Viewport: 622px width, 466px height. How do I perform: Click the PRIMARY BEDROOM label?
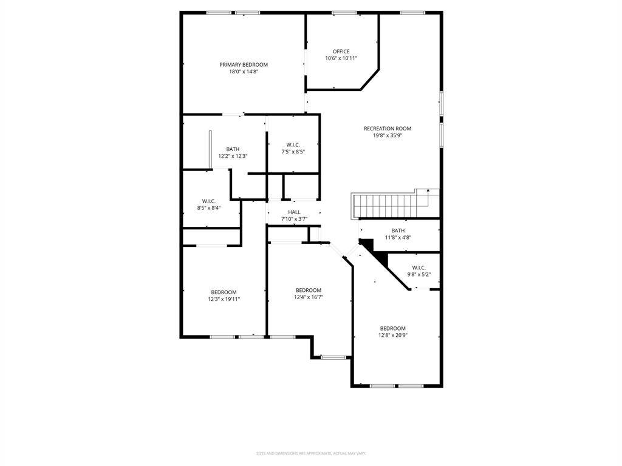pyautogui.click(x=244, y=64)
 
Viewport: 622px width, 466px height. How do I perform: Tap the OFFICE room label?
pyautogui.click(x=341, y=51)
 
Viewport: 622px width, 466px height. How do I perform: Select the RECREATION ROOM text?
pyautogui.click(x=388, y=128)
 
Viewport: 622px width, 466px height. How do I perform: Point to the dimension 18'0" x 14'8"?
pyautogui.click(x=244, y=72)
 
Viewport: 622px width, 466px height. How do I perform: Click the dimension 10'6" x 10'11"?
pyautogui.click(x=341, y=58)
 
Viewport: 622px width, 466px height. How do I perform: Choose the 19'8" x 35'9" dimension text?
pyautogui.click(x=388, y=135)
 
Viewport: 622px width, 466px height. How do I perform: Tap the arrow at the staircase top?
pyautogui.click(x=429, y=192)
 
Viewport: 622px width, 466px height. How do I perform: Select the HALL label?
pyautogui.click(x=294, y=212)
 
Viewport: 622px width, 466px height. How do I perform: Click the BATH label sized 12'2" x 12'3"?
pyautogui.click(x=233, y=149)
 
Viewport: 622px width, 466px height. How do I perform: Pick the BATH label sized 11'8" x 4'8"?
pyautogui.click(x=398, y=230)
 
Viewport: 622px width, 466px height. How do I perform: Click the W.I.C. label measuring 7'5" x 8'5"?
pyautogui.click(x=293, y=144)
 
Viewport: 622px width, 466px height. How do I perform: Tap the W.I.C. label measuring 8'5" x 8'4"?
pyautogui.click(x=208, y=201)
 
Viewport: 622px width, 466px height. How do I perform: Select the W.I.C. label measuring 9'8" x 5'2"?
pyautogui.click(x=419, y=267)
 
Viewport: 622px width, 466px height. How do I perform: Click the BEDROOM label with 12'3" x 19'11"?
pyautogui.click(x=224, y=292)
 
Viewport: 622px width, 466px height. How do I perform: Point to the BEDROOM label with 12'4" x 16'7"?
pyautogui.click(x=308, y=290)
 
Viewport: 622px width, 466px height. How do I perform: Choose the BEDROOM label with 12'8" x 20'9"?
pyautogui.click(x=392, y=328)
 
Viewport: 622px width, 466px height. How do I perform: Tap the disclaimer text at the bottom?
pyautogui.click(x=311, y=453)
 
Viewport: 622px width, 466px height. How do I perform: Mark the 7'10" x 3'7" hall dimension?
pyautogui.click(x=294, y=219)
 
